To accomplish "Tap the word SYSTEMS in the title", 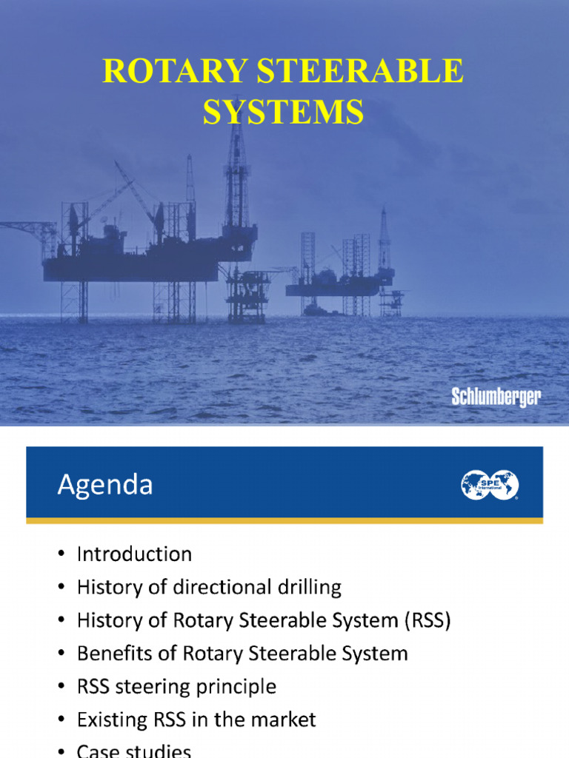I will (284, 112).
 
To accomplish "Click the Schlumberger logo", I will (496, 397).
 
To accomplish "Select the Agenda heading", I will (105, 485).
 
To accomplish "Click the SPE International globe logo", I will (489, 486).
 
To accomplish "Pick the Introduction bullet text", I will (134, 554).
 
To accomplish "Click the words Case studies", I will (134, 751).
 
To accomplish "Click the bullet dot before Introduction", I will (61, 554).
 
